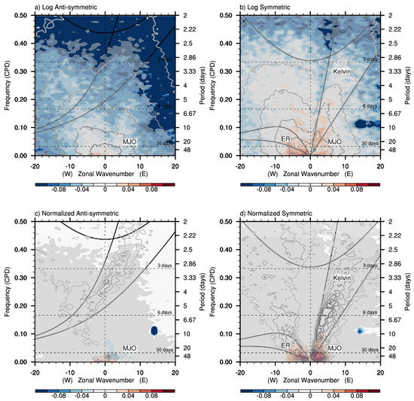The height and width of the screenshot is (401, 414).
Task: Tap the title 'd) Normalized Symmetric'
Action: [276, 214]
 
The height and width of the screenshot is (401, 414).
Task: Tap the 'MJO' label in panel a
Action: [130, 141]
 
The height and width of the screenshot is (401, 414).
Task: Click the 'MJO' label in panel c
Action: [130, 347]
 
